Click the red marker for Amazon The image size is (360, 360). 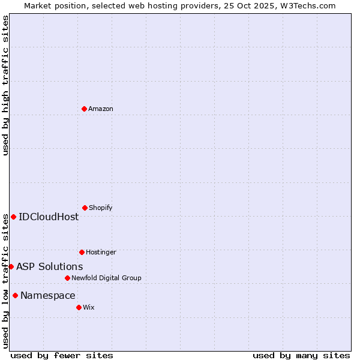tap(84, 109)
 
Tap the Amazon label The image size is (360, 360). tap(101, 109)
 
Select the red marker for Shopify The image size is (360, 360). tap(85, 208)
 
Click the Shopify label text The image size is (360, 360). tap(101, 208)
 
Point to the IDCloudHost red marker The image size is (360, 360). tap(13, 217)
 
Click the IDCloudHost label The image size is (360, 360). tap(49, 217)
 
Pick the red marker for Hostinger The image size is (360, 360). tap(82, 252)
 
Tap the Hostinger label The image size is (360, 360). tap(101, 252)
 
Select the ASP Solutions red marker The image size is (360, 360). tap(11, 266)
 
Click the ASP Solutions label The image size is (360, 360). tap(50, 266)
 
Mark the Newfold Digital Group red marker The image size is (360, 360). tap(67, 278)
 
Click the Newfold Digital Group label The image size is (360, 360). tap(106, 278)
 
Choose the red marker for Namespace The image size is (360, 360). tap(15, 295)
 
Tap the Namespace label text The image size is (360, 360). tap(48, 295)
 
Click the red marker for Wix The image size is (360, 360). tap(79, 307)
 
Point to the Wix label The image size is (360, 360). tap(89, 307)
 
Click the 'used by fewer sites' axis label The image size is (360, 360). tap(62, 355)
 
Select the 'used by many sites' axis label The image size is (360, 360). tap(301, 355)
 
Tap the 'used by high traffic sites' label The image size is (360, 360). tap(5, 85)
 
